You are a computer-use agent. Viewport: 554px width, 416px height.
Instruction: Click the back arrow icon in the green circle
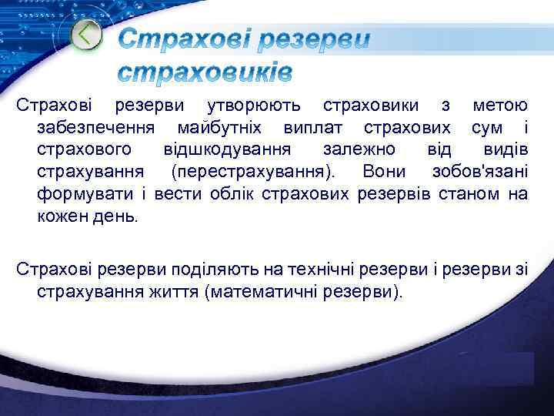coord(86,35)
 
